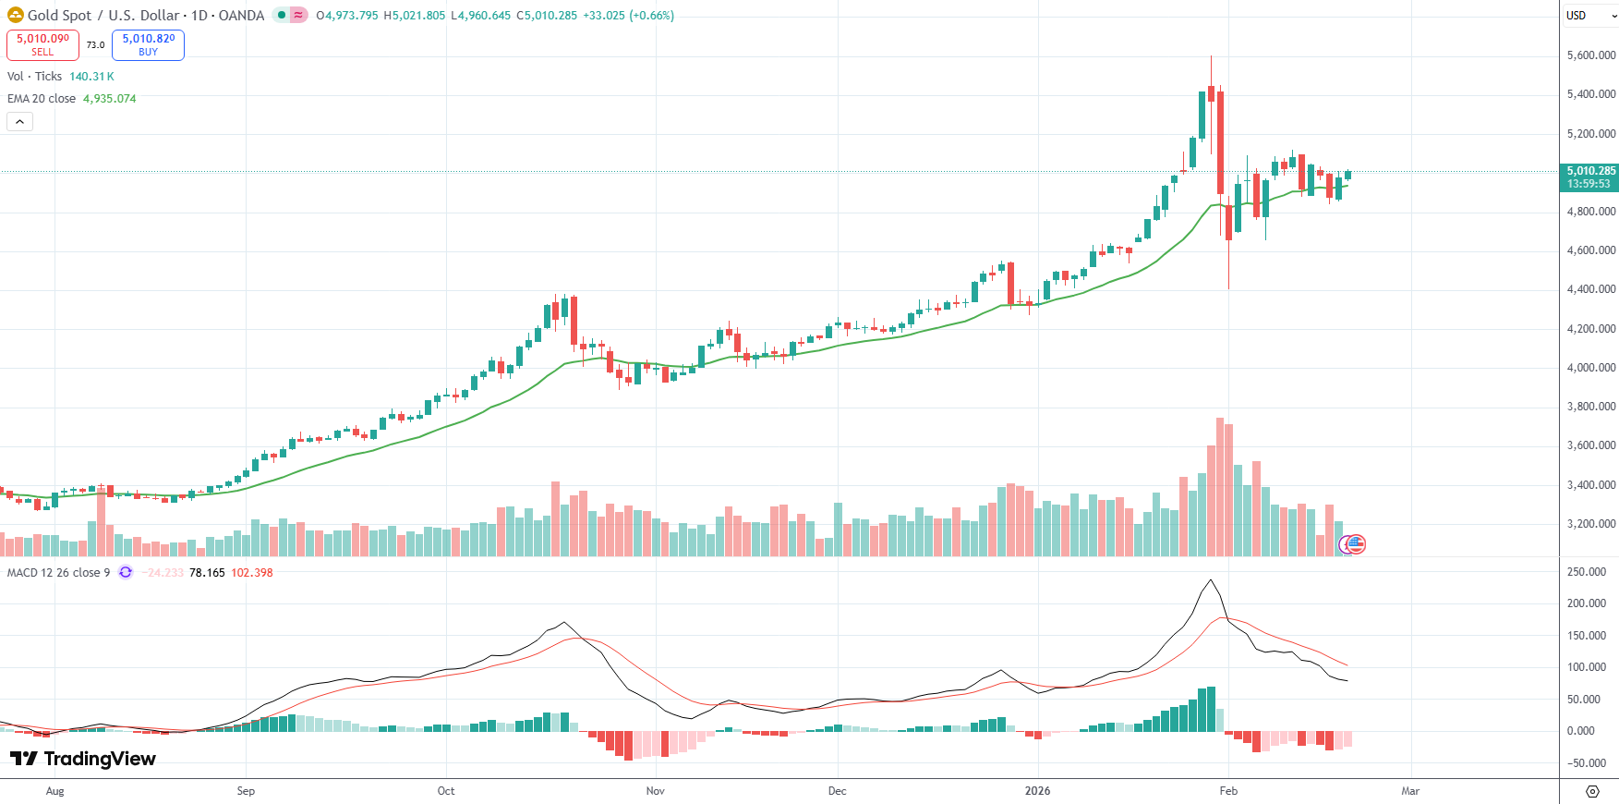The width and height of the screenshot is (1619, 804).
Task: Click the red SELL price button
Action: point(42,44)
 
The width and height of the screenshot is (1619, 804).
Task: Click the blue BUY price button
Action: point(148,44)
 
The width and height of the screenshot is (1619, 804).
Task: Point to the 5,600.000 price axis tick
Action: point(1590,55)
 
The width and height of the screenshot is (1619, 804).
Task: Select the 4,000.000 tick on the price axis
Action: point(1590,368)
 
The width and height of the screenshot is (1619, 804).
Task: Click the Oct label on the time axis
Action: point(446,791)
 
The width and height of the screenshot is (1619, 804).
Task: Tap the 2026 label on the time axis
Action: point(1037,791)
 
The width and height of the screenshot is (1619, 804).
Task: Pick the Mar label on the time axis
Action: point(1410,791)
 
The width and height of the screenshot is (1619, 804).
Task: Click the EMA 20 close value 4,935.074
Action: point(109,99)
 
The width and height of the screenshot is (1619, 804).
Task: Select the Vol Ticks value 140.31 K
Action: point(91,77)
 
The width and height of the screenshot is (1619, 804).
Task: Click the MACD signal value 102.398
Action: point(251,573)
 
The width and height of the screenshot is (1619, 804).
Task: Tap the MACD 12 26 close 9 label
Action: point(58,573)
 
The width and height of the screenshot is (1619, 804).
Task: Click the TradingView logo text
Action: point(99,759)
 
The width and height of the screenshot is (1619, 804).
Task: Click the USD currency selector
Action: point(1589,16)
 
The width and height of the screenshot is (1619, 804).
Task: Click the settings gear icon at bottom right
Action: point(1592,791)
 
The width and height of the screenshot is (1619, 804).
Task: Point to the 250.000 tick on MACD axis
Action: point(1587,572)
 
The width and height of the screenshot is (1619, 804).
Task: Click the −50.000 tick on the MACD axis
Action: point(1587,763)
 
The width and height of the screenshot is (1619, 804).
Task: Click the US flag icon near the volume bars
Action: point(1356,544)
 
